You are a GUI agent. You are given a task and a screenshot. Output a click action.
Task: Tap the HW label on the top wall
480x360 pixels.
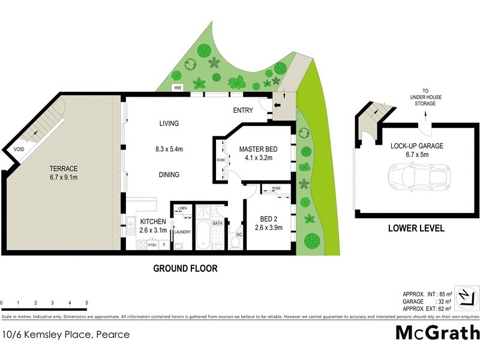[x=178, y=88]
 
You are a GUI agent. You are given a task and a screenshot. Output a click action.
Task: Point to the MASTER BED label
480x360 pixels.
[x=257, y=149]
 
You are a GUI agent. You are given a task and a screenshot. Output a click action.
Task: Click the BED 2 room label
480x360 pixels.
[x=268, y=218]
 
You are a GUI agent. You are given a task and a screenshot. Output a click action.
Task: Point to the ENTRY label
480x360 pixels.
[x=244, y=110]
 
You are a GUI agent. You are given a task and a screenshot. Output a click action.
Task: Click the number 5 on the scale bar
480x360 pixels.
[x=87, y=302]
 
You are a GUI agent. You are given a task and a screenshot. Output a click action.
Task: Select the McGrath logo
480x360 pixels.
[x=437, y=332]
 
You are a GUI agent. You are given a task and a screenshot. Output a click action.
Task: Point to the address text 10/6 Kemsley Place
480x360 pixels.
[x=66, y=335]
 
